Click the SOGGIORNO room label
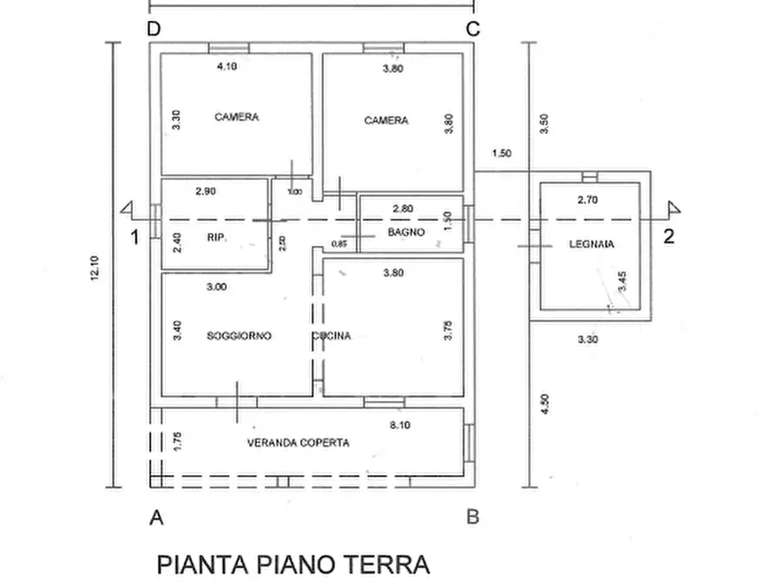[x=239, y=336]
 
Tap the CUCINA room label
[x=332, y=336]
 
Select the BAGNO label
[x=406, y=233]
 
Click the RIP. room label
[x=217, y=237]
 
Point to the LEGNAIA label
[x=592, y=245]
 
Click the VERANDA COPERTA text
[x=299, y=443]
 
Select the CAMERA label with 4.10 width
[x=237, y=117]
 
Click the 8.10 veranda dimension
[x=399, y=426]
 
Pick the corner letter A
[x=157, y=518]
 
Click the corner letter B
[x=473, y=517]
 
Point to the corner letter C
[x=473, y=29]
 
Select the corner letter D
[x=154, y=29]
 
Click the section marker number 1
[x=135, y=237]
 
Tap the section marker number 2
[x=668, y=237]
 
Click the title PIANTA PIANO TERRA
[x=293, y=564]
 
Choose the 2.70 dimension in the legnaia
[x=588, y=200]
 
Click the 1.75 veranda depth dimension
[x=177, y=441]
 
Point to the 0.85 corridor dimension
[x=338, y=244]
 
